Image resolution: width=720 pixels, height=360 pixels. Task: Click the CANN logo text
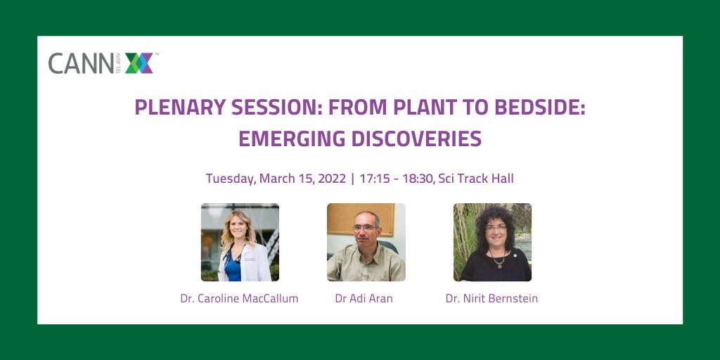tap(79, 63)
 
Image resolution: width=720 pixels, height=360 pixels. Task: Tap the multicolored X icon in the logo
tap(139, 63)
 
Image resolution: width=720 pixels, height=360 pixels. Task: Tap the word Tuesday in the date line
tap(231, 179)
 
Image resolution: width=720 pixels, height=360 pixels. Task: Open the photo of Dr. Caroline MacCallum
tap(240, 243)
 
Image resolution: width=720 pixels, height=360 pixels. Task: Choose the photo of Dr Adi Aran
tap(366, 243)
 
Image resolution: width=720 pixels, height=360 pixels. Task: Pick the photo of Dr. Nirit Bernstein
tap(492, 243)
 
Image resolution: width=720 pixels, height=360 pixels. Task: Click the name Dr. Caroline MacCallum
tap(239, 299)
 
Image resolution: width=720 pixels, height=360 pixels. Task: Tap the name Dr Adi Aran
tap(364, 299)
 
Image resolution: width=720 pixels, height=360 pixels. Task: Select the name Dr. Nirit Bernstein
tap(491, 299)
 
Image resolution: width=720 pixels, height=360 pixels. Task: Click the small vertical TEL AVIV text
tap(118, 64)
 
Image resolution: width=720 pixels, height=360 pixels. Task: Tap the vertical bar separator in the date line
tap(352, 179)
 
